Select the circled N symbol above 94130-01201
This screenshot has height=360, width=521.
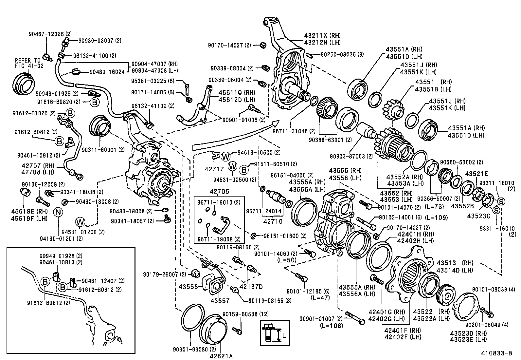click(58, 212)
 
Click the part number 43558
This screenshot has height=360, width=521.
click(188, 287)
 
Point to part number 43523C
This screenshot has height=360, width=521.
click(478, 216)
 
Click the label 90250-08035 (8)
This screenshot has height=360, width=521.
click(342, 54)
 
